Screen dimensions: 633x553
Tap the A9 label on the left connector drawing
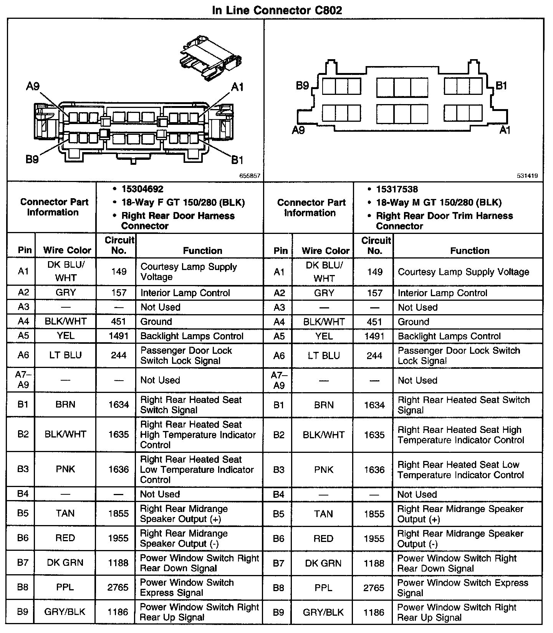pyautogui.click(x=33, y=87)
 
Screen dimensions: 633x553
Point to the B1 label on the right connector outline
pyautogui.click(x=501, y=86)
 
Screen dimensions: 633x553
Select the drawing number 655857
pyautogui.click(x=250, y=176)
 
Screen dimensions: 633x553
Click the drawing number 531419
pyautogui.click(x=527, y=176)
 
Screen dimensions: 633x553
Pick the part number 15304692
pyautogui.click(x=142, y=189)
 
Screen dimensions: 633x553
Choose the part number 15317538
pyautogui.click(x=397, y=189)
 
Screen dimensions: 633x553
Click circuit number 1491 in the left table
pyautogui.click(x=118, y=336)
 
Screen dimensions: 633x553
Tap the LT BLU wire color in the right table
pyautogui.click(x=324, y=356)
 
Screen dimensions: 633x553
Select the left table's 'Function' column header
pyautogui.click(x=202, y=250)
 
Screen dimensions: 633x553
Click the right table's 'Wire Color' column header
pyautogui.click(x=325, y=251)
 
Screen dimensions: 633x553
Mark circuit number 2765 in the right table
pyautogui.click(x=374, y=588)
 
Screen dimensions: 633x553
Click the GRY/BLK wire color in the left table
pyautogui.click(x=65, y=612)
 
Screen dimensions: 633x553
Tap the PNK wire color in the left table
pyautogui.click(x=65, y=469)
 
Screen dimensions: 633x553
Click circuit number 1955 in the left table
pyautogui.click(x=118, y=538)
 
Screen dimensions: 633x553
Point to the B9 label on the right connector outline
pyautogui.click(x=303, y=86)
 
